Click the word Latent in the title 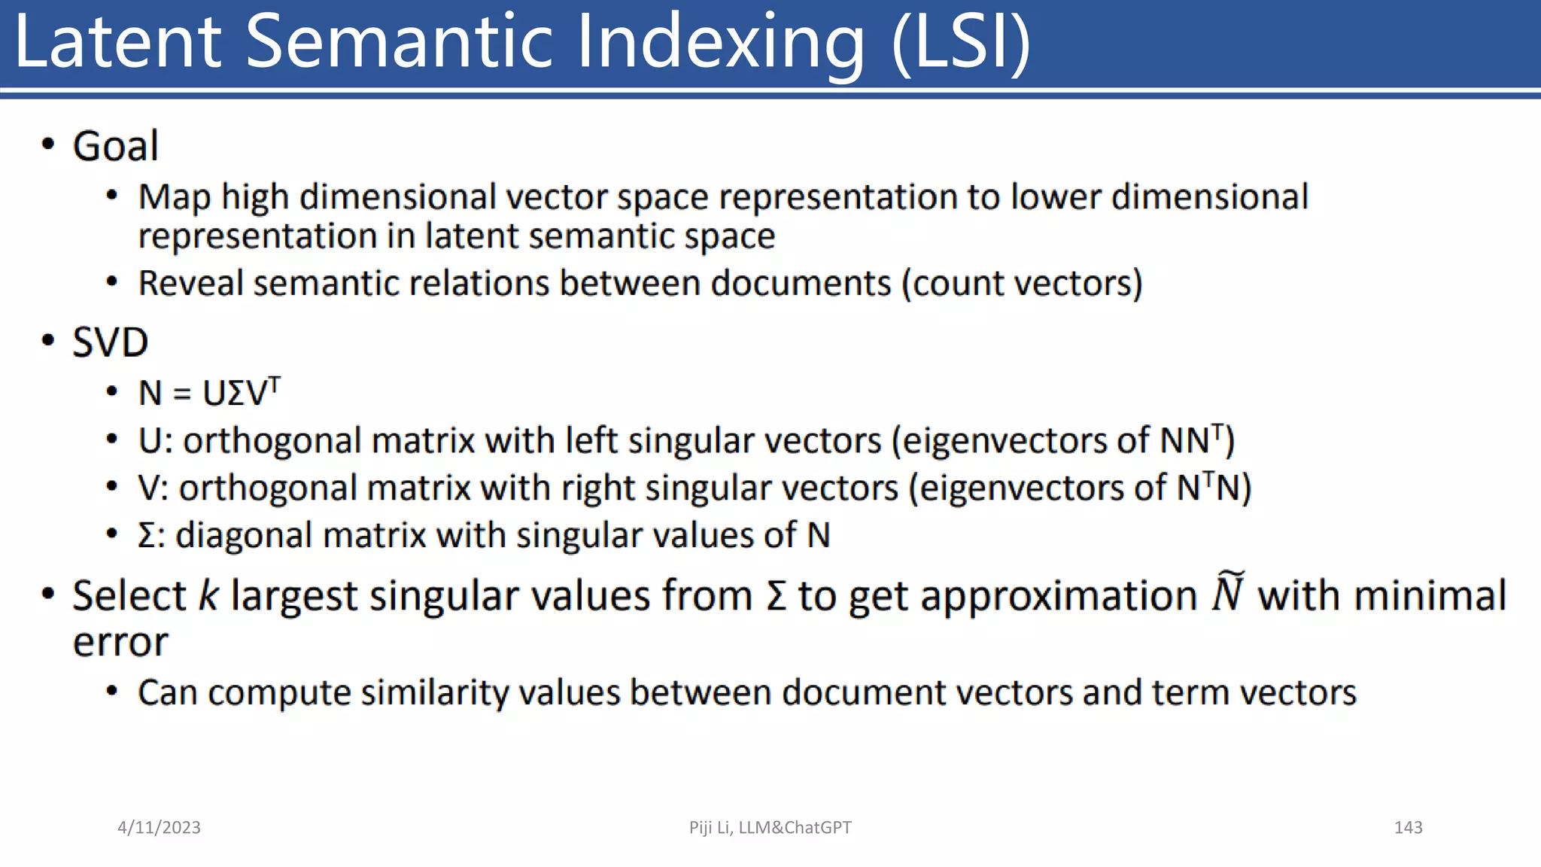click(x=118, y=42)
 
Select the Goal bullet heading click(x=115, y=146)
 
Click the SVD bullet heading click(x=110, y=343)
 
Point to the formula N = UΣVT click(x=209, y=393)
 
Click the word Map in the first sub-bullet click(x=175, y=197)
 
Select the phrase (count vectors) click(x=1022, y=284)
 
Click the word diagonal click(x=243, y=536)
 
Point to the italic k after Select click(x=208, y=596)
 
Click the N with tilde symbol click(x=1227, y=592)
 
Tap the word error click(x=120, y=643)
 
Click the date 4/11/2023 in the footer click(x=159, y=828)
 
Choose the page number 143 click(x=1408, y=828)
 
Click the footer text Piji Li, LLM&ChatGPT click(x=770, y=828)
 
